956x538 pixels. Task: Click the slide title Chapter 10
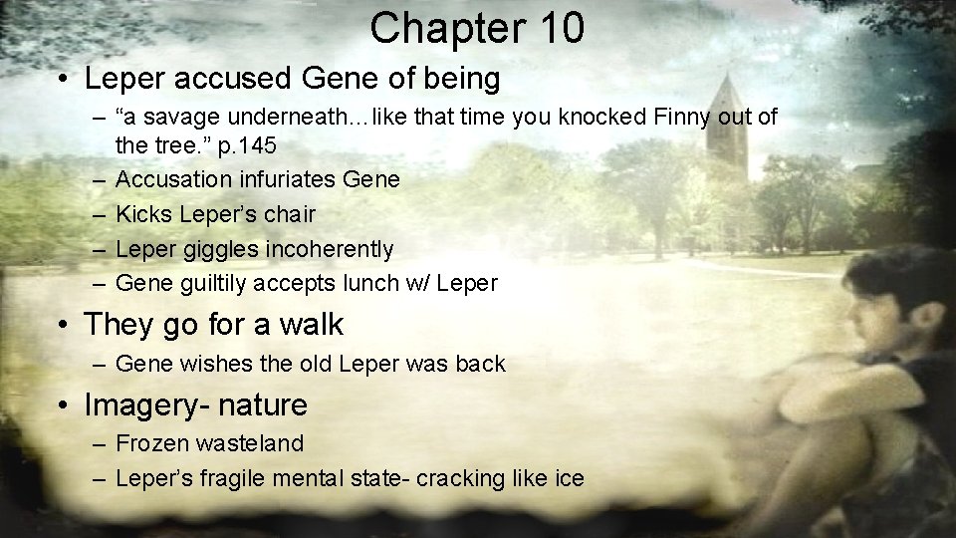click(x=477, y=28)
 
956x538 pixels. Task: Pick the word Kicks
click(x=144, y=214)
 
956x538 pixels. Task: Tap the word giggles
click(x=216, y=249)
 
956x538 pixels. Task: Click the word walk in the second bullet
click(x=310, y=325)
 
